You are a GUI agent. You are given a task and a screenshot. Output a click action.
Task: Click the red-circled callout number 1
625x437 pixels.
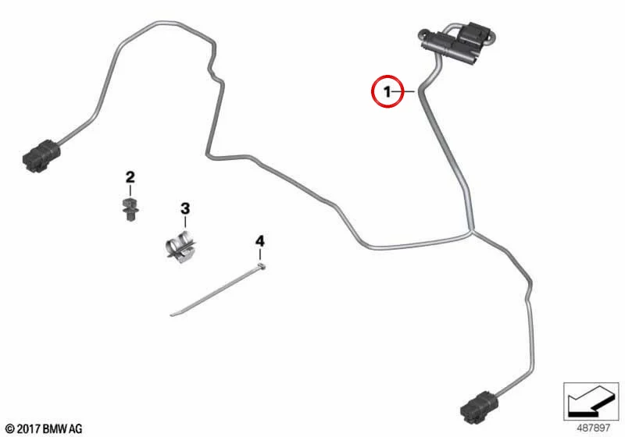[387, 92]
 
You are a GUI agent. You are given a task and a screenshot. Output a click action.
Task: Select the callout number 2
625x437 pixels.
[130, 177]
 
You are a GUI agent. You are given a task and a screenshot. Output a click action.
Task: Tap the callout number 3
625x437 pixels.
[185, 208]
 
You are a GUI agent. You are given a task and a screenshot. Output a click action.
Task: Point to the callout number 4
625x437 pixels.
[259, 241]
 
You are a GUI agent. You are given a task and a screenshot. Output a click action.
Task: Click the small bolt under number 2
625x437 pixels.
[130, 208]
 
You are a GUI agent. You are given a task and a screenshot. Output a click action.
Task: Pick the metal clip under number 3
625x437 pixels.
[181, 246]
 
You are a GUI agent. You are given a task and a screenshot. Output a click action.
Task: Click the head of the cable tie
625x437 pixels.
[261, 266]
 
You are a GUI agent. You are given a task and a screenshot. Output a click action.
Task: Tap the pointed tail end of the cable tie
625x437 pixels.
[171, 315]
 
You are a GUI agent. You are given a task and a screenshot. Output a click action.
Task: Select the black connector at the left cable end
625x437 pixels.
[42, 156]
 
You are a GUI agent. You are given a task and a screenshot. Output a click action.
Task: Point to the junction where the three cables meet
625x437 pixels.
[472, 232]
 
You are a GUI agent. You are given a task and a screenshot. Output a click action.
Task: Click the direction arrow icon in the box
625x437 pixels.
[591, 401]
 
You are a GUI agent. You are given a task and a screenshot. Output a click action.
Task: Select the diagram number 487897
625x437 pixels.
[593, 428]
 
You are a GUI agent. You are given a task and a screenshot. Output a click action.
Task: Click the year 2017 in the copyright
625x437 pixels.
[28, 429]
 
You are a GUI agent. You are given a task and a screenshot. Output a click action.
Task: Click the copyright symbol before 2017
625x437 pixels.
[10, 429]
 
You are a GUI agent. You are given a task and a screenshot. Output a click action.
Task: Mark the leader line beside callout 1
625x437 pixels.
[404, 92]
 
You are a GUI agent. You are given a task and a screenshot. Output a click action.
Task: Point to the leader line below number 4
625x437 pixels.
[260, 254]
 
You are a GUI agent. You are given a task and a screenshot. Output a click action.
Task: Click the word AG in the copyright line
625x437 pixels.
[76, 429]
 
